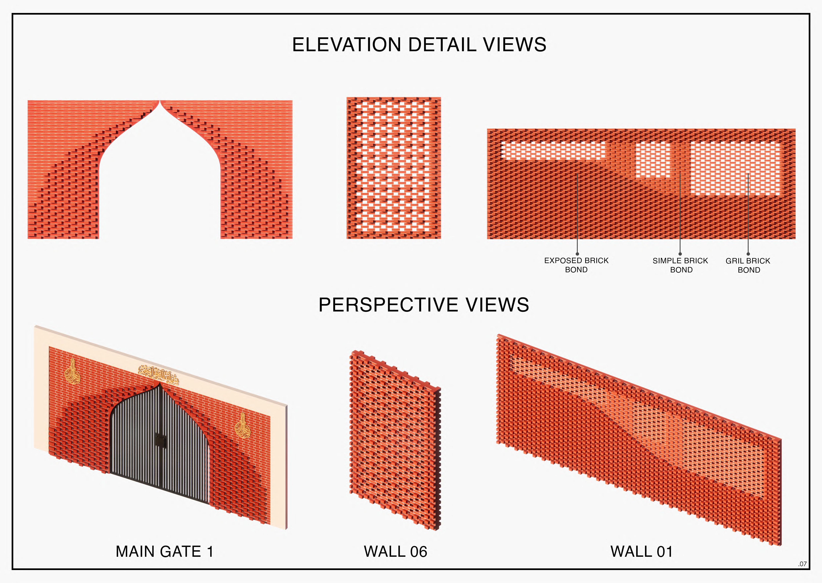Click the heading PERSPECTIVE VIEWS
point(424,305)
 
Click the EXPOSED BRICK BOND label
point(576,265)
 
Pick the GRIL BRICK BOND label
point(748,265)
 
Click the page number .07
point(802,564)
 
